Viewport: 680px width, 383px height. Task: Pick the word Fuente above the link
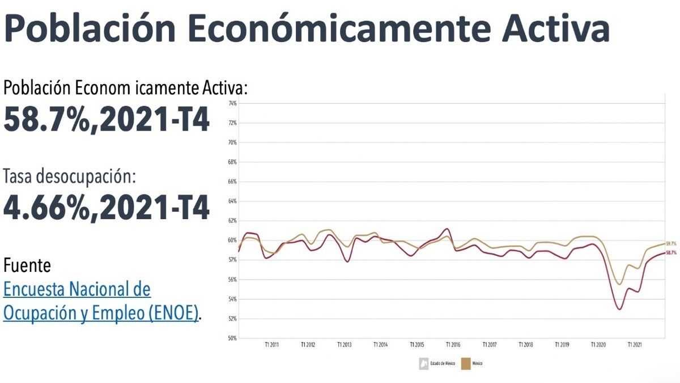tap(27, 265)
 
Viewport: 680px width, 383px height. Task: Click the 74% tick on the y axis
tap(232, 103)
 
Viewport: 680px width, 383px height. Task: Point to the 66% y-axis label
tap(232, 182)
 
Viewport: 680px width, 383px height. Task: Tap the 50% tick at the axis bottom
tap(232, 338)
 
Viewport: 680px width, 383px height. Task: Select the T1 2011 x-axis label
tap(271, 344)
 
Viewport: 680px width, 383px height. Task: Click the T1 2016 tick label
tap(453, 344)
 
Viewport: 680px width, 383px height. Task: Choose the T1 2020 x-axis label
tap(598, 344)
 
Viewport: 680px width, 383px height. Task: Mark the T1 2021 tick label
tap(635, 344)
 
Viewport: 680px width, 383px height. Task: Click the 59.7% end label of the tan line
tap(671, 243)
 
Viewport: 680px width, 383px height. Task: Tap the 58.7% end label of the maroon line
tap(671, 252)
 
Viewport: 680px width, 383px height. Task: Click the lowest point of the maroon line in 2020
tap(619, 309)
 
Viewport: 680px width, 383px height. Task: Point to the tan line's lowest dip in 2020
tap(619, 284)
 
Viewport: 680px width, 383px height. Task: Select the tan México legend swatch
tap(466, 363)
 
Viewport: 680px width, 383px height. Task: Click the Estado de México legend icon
tap(423, 363)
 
